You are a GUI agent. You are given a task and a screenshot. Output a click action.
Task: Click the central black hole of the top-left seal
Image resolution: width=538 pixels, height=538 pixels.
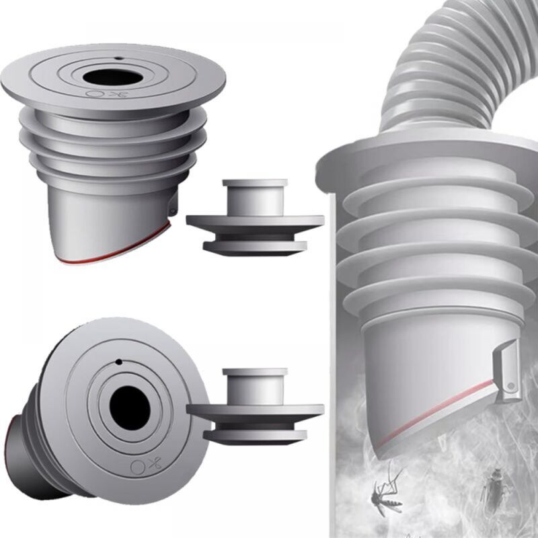point(113,77)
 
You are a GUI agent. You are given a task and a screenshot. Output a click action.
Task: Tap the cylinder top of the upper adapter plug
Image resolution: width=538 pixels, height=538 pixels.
point(255,184)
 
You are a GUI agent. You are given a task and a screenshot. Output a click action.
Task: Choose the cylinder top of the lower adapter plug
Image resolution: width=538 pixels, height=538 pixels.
point(255,373)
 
